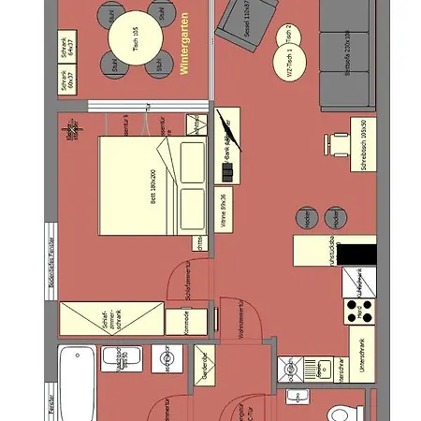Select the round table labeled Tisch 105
[136, 43]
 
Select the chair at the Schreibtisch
[336, 143]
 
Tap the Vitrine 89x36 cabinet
[225, 212]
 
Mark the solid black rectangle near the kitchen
[356, 254]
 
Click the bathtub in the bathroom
[75, 384]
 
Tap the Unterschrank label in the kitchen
[361, 356]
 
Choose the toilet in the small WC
[341, 413]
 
